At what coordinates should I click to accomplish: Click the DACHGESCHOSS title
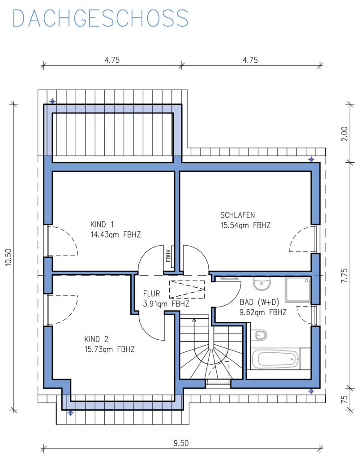(100, 18)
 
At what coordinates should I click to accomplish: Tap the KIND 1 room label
(102, 225)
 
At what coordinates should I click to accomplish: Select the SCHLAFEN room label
(237, 215)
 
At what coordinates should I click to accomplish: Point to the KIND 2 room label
(96, 339)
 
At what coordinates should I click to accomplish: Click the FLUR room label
(151, 293)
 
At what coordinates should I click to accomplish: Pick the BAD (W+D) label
(259, 302)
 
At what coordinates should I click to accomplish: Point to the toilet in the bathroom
(259, 335)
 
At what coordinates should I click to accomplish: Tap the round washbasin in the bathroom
(262, 284)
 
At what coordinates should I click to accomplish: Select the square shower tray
(298, 289)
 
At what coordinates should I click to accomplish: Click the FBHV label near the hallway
(168, 255)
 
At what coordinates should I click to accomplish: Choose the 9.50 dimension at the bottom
(181, 443)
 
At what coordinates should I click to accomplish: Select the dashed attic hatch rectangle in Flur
(187, 289)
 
